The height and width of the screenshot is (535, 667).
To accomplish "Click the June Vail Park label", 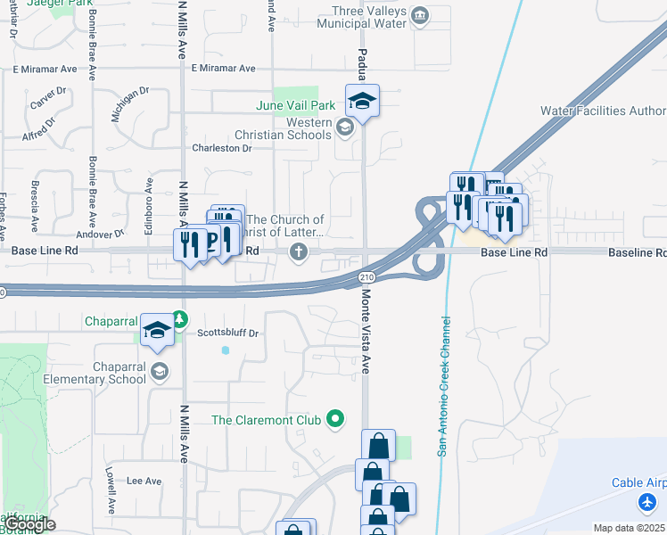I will (295, 105).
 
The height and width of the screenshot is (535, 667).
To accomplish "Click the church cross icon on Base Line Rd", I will (299, 253).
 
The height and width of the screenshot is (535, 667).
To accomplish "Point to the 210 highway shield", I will (366, 278).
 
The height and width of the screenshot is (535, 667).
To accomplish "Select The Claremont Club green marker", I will (335, 417).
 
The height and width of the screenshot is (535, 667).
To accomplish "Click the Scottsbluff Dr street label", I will (227, 333).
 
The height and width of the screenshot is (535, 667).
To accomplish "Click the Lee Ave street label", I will (144, 481).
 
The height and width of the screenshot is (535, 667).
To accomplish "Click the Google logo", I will (29, 524).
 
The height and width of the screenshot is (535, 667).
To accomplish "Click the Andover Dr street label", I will (99, 234).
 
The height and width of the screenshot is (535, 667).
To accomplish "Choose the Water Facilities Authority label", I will (603, 111).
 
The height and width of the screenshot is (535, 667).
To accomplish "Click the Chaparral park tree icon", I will (179, 318).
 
